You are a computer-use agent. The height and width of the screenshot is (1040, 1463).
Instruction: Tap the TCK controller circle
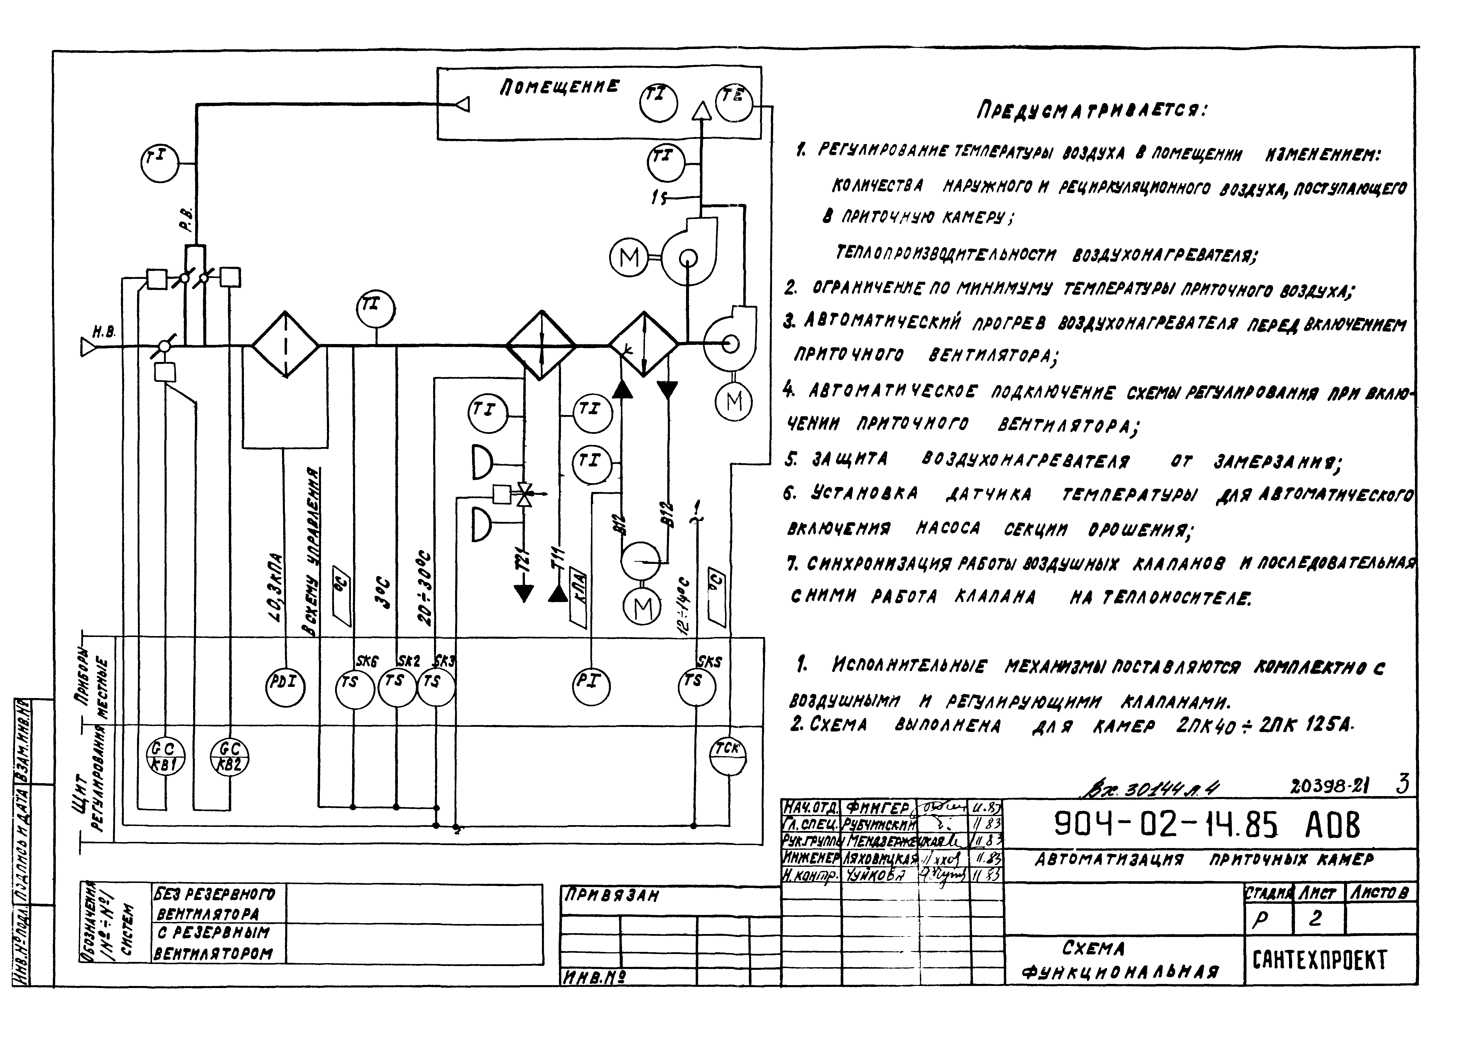[x=728, y=756]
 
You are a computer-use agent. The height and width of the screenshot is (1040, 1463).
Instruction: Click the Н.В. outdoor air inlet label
[x=104, y=332]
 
